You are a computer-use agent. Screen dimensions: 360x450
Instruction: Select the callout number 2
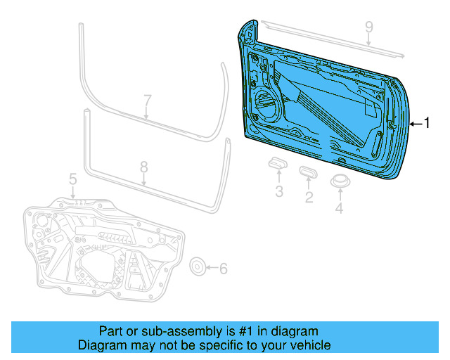point(308,197)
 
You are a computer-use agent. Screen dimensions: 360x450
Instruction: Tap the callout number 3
point(278,191)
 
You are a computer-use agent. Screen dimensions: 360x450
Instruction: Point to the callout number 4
point(340,207)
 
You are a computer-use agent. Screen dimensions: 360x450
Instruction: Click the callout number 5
point(73,181)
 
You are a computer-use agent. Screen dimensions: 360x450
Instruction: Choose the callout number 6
point(224,268)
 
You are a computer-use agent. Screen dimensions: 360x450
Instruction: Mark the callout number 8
point(143,167)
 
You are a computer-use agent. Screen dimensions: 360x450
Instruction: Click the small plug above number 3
point(277,163)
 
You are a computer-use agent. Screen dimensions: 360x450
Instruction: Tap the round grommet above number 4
point(340,181)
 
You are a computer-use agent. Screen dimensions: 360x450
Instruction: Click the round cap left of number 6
point(198,266)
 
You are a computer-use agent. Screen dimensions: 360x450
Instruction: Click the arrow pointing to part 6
point(212,268)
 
